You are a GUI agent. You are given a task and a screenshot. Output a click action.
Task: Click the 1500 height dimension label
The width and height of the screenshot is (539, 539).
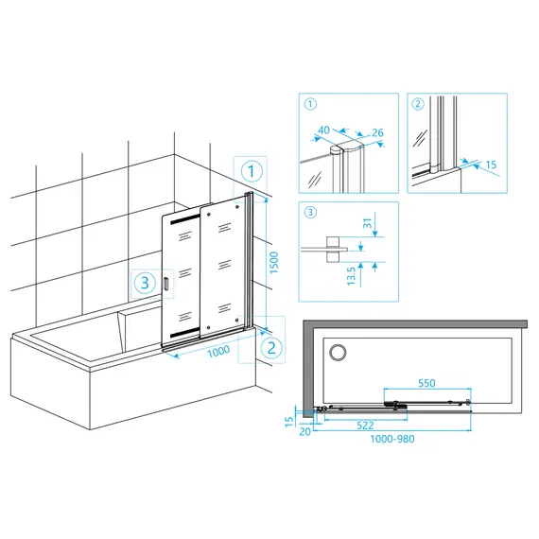pos(273,263)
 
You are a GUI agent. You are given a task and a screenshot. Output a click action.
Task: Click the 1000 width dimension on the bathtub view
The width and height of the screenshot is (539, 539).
pos(218,352)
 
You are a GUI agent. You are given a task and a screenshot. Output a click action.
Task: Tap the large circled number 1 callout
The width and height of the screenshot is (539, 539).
pos(252,171)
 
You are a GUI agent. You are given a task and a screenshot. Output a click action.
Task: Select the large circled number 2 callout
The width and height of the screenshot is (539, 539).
pos(271,348)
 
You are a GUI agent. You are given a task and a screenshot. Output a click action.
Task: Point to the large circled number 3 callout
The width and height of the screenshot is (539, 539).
pos(145,283)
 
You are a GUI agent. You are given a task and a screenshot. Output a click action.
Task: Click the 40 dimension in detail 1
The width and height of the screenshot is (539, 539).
pos(323,130)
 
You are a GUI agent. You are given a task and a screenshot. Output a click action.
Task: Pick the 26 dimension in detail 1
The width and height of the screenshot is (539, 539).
pos(377,132)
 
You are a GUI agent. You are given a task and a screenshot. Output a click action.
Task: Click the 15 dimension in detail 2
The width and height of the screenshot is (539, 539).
pos(491,165)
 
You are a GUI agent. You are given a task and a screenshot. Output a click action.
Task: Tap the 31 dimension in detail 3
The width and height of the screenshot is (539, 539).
pos(368,223)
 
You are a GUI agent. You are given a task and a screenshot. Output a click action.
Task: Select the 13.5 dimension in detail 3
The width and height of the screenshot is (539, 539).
pos(351,276)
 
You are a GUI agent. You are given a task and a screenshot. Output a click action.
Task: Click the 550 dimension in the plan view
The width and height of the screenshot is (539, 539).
pos(426,383)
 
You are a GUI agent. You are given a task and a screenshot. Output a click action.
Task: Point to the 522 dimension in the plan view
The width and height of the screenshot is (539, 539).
pos(365,426)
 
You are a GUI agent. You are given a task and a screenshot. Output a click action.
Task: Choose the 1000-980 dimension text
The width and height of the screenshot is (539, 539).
pos(392,439)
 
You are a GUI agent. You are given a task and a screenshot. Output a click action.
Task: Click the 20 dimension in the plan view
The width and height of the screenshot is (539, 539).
pos(304,432)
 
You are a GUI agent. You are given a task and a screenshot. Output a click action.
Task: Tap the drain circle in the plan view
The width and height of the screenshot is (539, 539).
pos(338,353)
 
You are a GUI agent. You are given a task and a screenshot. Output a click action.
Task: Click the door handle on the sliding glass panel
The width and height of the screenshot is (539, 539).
pos(166,284)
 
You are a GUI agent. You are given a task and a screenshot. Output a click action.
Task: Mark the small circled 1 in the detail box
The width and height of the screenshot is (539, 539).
pos(310,104)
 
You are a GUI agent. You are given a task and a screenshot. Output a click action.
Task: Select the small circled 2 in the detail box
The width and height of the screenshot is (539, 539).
pos(418,104)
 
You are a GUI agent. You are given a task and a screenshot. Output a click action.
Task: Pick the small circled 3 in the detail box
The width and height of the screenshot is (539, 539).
pos(310,212)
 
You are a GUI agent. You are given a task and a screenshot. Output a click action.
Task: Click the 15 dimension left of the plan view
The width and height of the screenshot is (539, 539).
pos(289,422)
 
